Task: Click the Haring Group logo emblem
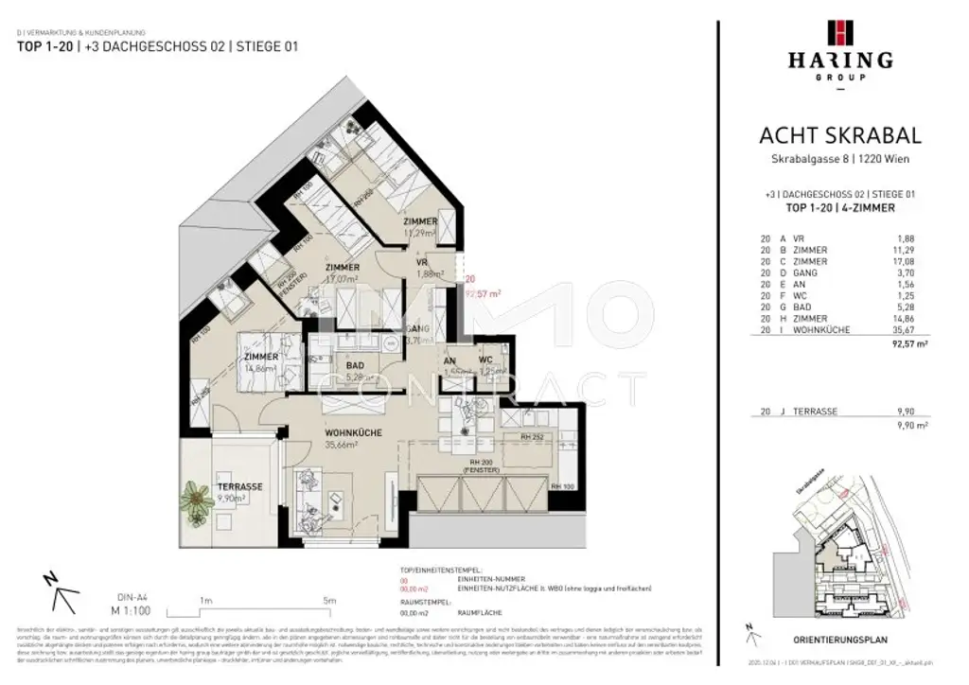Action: pos(839,33)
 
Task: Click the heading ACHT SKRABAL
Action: pos(839,137)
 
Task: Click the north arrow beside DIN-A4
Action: pos(59,594)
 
